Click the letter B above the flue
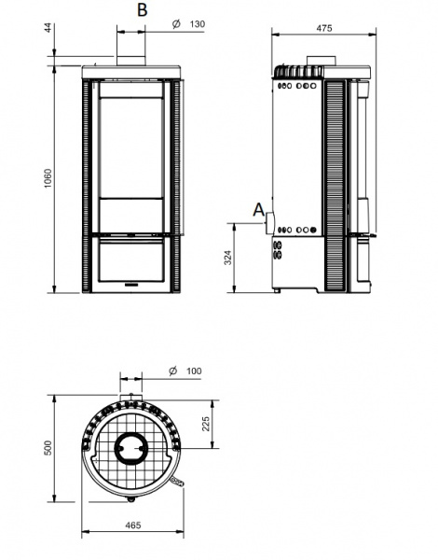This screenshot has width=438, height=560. tap(142, 9)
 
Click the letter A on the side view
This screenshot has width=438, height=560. tap(258, 210)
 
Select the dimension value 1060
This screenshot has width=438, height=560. tap(48, 178)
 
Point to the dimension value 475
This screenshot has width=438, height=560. tap(324, 28)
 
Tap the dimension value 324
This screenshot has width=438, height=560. tap(228, 258)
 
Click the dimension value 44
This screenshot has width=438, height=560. tap(48, 28)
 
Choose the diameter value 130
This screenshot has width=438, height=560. tap(198, 24)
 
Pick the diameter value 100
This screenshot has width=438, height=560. tap(194, 371)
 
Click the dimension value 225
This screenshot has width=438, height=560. tap(206, 424)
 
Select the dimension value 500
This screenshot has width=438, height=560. tap(48, 448)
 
